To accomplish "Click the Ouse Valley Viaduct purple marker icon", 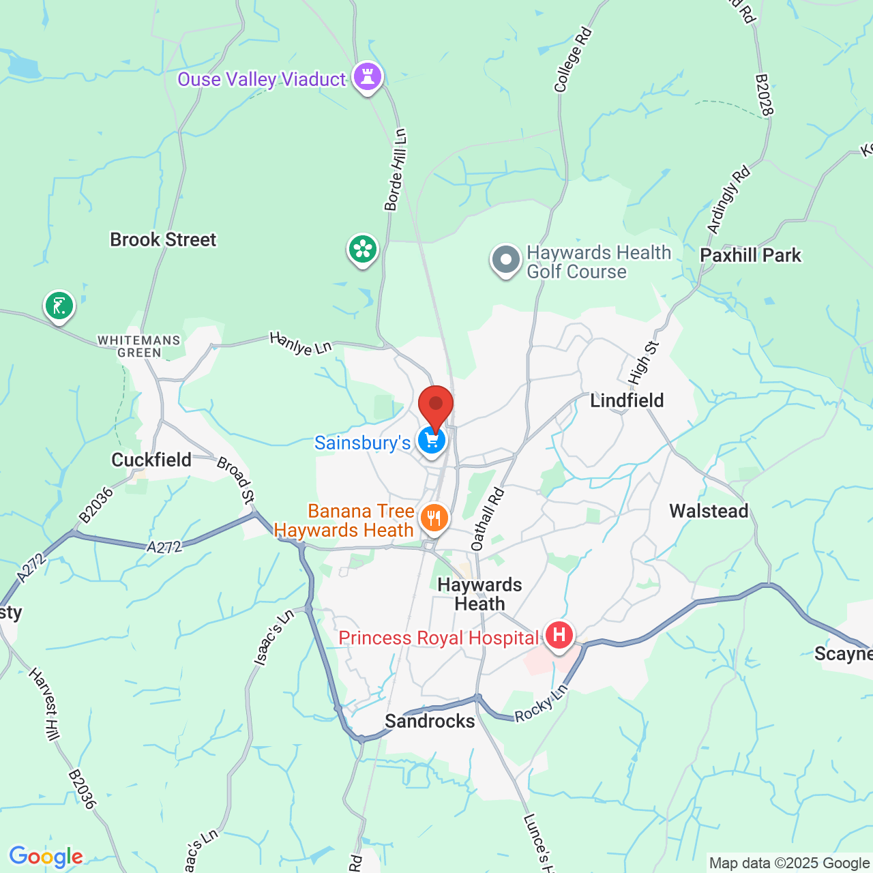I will (368, 77).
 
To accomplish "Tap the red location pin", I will (436, 406).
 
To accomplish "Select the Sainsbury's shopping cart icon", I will (432, 442).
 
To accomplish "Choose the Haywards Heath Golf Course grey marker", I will (506, 261).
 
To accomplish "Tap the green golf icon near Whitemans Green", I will (59, 306).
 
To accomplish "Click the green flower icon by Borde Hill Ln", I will (363, 250).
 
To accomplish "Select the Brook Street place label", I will (163, 240).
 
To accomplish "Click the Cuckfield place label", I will (151, 460).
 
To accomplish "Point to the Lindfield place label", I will (627, 400).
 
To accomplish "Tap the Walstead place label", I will (709, 511).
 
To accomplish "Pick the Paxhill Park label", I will (751, 256).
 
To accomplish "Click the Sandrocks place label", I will (430, 721).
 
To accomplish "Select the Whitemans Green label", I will (139, 346).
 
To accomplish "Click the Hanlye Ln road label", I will (300, 343).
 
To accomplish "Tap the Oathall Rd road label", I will (487, 520).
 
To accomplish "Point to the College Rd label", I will (572, 60).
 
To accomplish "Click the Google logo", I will (46, 857).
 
